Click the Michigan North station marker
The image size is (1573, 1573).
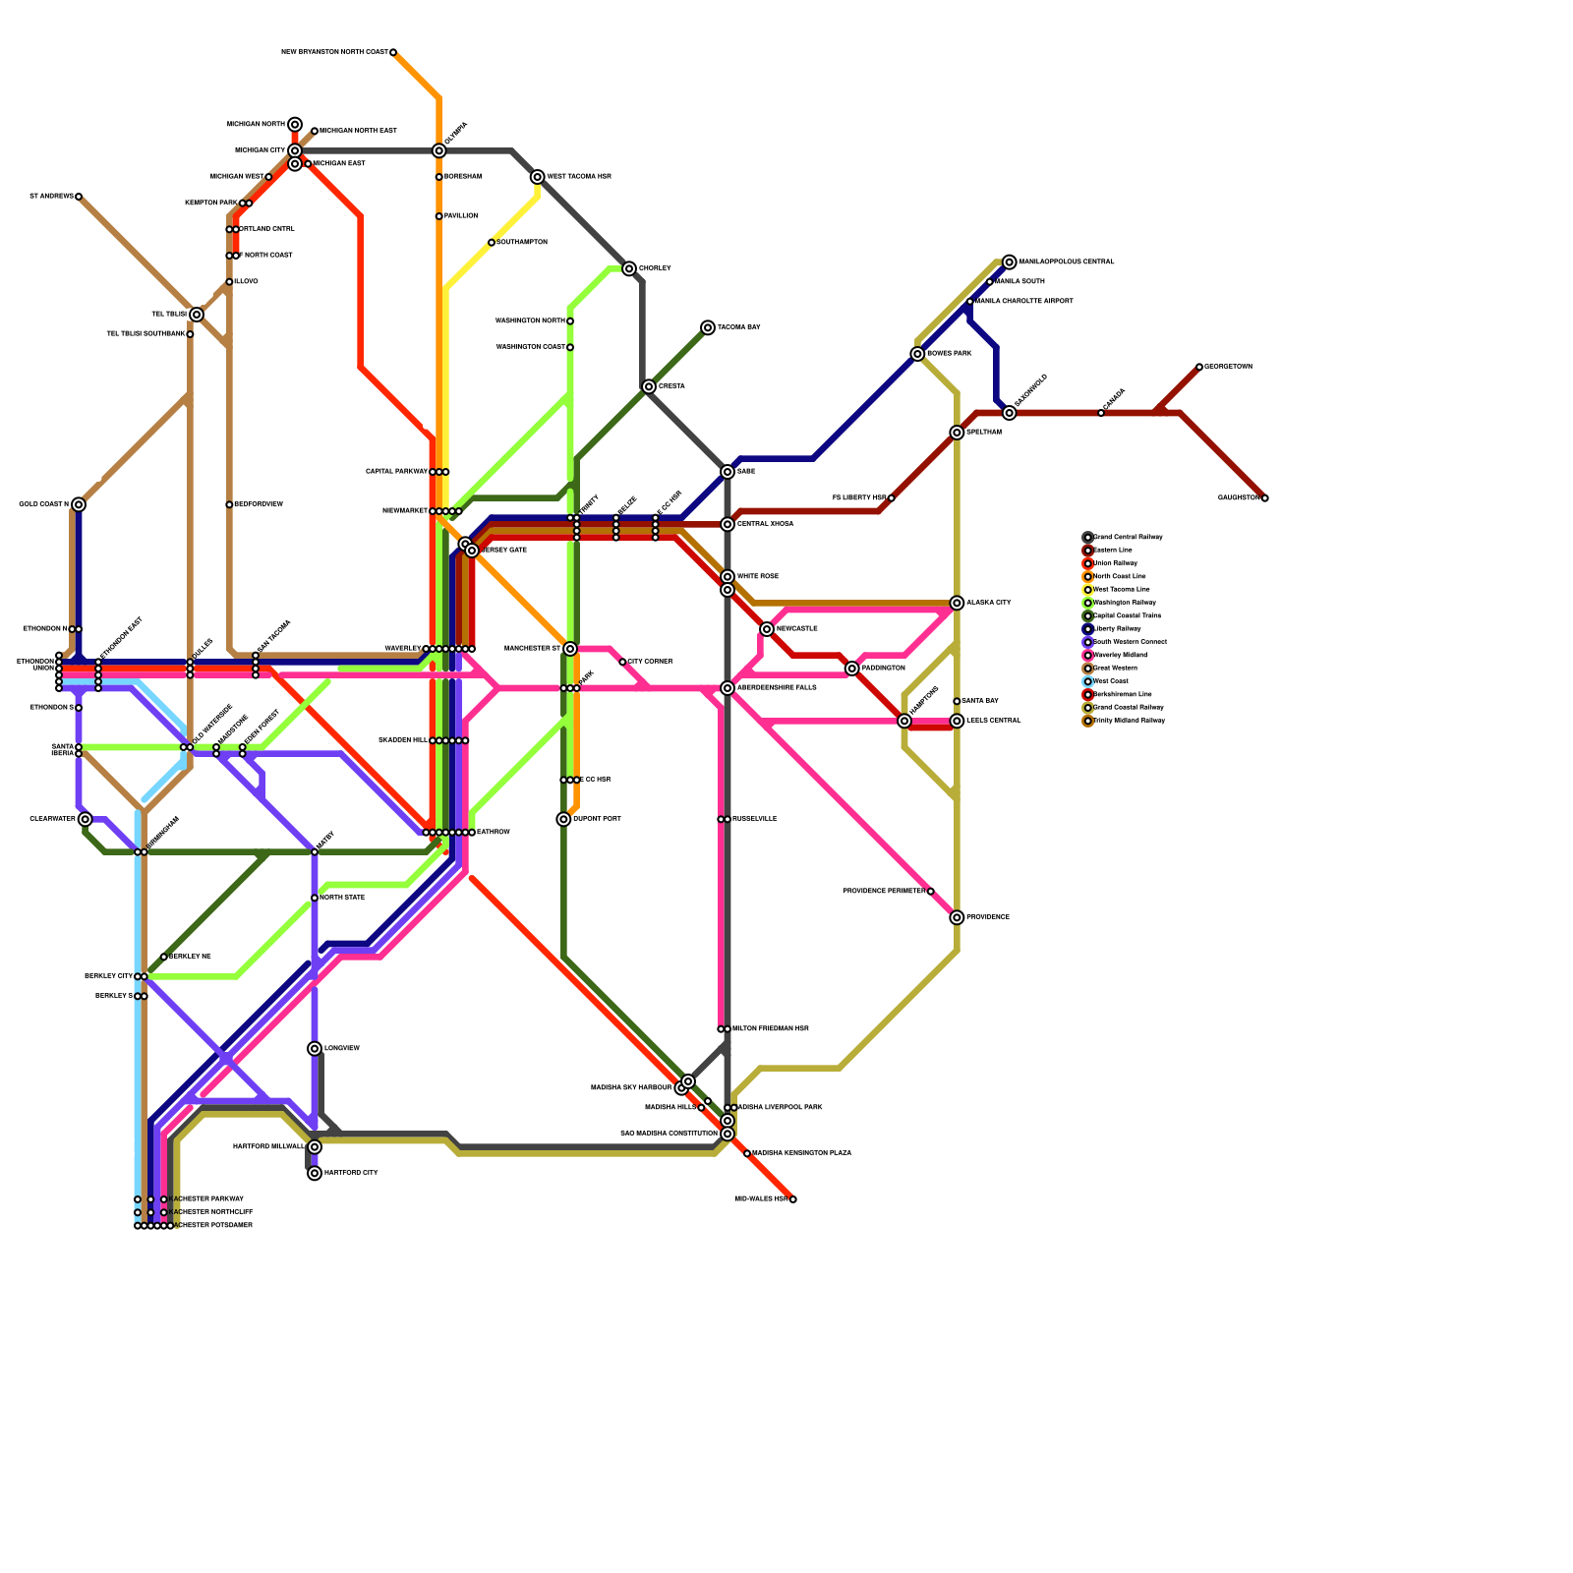coord(295,125)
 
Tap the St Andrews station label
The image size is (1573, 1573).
coord(51,197)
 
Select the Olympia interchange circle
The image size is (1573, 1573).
coord(439,151)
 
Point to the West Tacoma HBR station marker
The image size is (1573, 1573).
coord(538,177)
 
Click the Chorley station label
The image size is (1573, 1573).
coord(655,268)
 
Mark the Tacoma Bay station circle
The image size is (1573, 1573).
coord(708,327)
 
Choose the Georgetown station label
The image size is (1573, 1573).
coord(1228,367)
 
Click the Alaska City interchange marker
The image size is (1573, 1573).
coord(957,603)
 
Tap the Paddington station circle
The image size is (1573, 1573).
coord(852,669)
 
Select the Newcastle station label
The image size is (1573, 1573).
coord(796,628)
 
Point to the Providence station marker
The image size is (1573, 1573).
coord(957,917)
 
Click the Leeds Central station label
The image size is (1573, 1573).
coord(993,721)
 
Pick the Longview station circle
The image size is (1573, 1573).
coord(315,1049)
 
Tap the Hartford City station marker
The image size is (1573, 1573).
coord(315,1173)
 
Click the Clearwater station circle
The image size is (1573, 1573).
coord(86,819)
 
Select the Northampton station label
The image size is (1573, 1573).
coord(522,242)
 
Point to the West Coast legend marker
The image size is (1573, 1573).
coord(1088,681)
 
